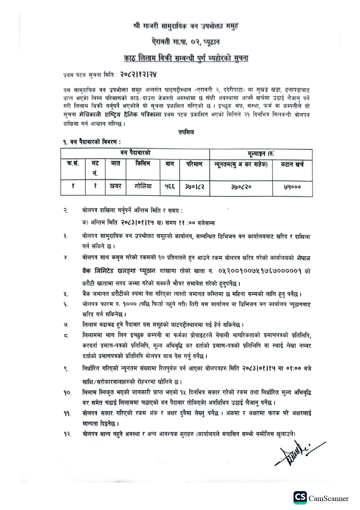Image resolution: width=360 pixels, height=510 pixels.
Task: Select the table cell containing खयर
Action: pos(116,186)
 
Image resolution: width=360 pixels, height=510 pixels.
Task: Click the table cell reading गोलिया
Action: pos(143,186)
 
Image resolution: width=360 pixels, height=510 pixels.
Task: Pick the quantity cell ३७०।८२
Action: pos(195,187)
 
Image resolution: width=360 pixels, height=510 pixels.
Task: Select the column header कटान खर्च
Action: pos(292,164)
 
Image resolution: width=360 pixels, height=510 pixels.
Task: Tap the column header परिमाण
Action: pos(195,164)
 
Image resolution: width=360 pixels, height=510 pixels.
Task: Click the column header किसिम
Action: pos(143,164)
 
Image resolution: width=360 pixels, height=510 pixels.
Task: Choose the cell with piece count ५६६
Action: pos(170,186)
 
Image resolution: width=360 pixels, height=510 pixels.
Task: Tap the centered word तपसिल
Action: pos(186,133)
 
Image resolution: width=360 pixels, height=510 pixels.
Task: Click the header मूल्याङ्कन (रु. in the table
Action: pos(260,154)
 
